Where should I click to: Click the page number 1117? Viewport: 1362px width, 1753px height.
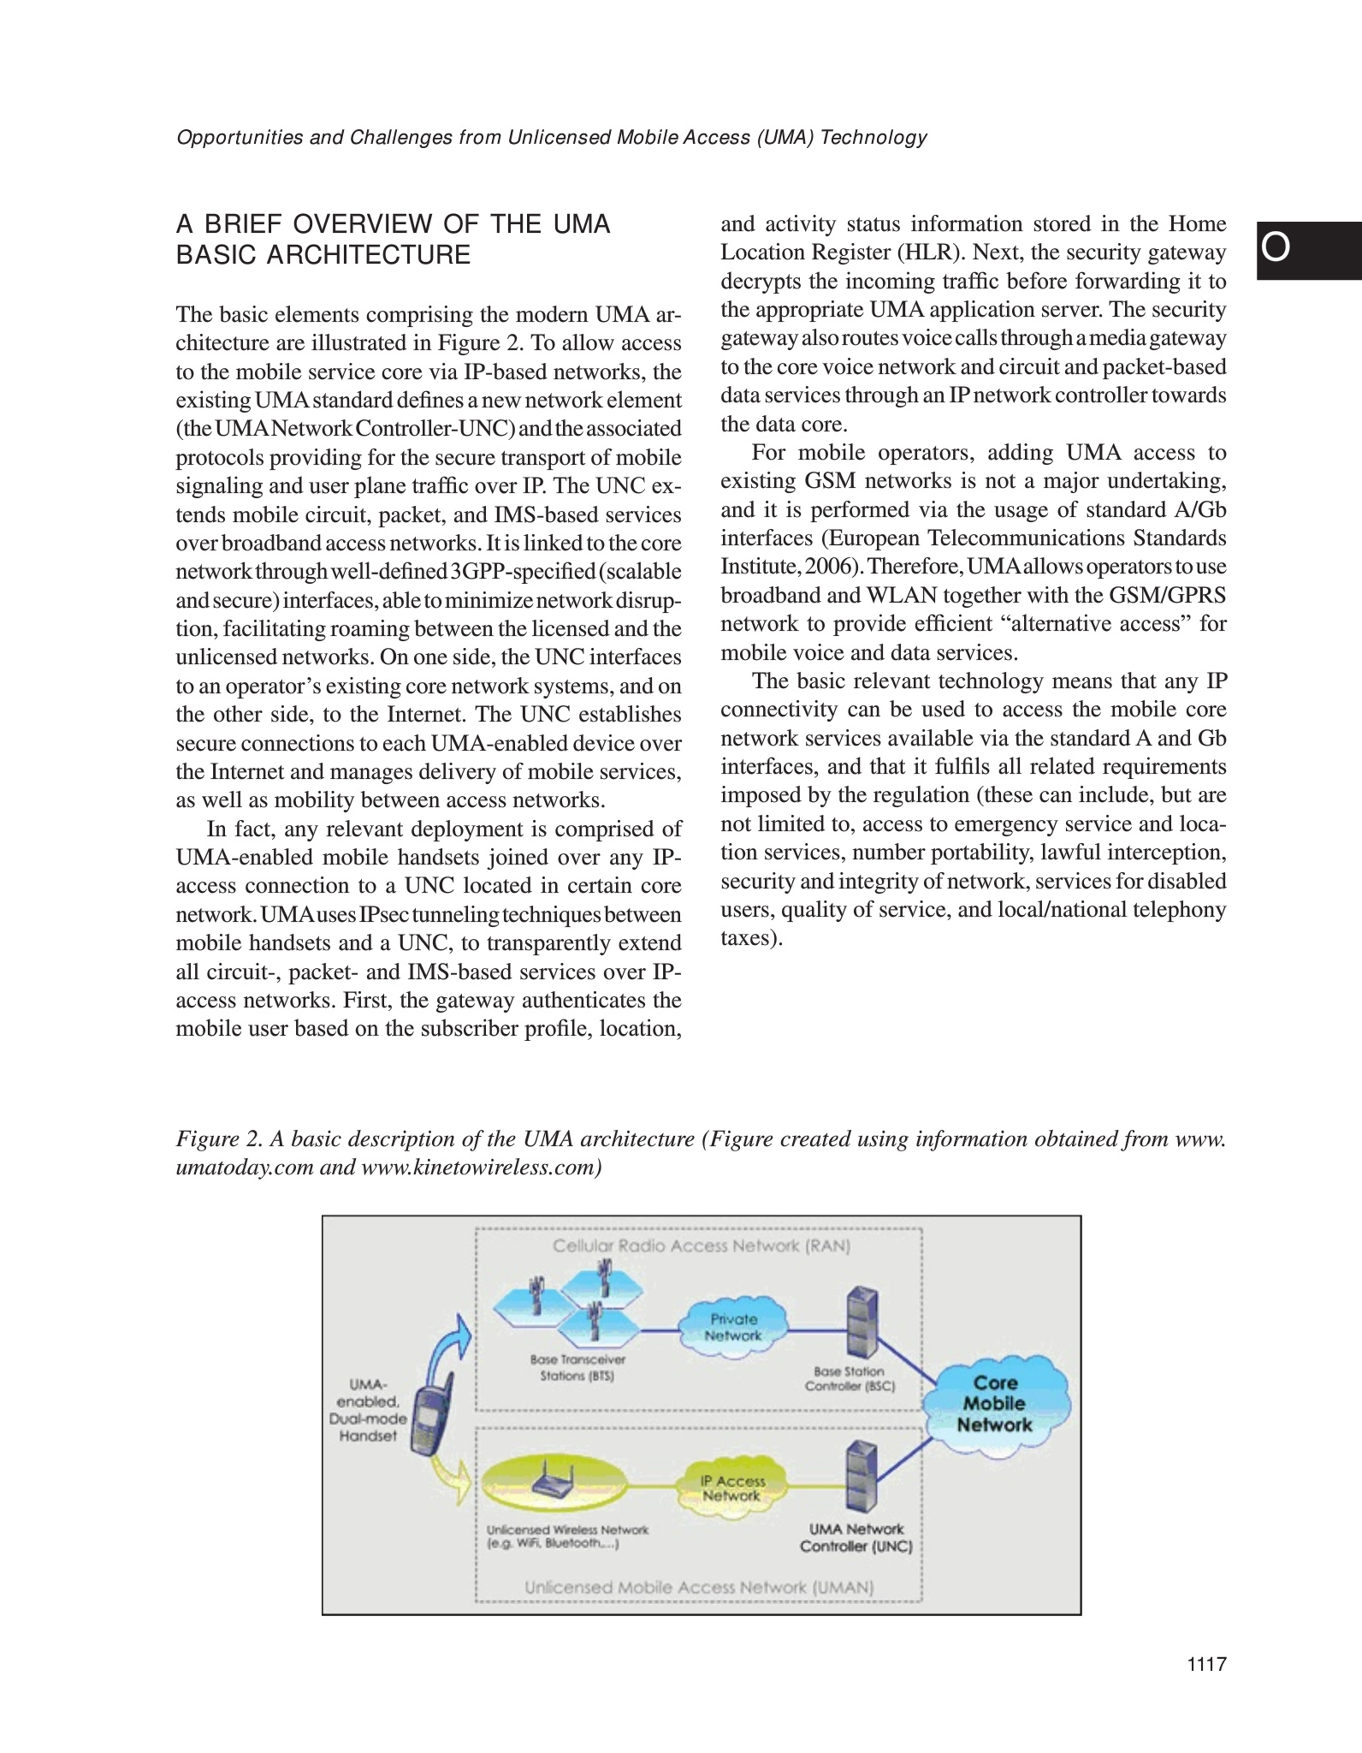pyautogui.click(x=1207, y=1663)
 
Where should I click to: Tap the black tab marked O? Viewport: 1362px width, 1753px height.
pyautogui.click(x=1308, y=250)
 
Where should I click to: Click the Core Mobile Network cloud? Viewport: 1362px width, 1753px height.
pyautogui.click(x=995, y=1404)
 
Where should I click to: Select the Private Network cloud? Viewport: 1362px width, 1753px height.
pyautogui.click(x=733, y=1328)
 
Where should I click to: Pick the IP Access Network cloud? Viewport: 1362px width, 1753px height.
pyautogui.click(x=732, y=1489)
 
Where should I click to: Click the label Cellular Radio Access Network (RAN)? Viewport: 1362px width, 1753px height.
pyautogui.click(x=701, y=1246)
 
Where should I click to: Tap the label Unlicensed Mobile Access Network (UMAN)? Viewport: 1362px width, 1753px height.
pyautogui.click(x=699, y=1587)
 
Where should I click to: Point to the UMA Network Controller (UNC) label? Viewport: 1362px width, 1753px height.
pyautogui.click(x=856, y=1537)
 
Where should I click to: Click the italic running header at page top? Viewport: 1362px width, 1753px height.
pyautogui.click(x=551, y=137)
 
